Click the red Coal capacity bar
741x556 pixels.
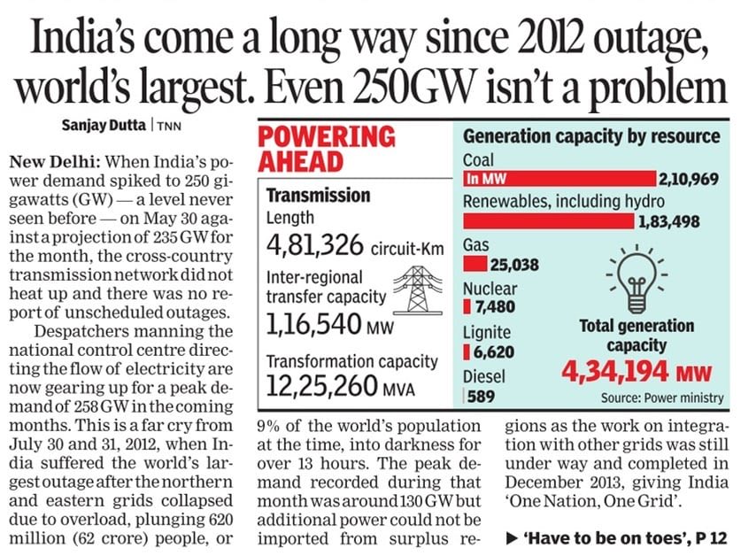(559, 180)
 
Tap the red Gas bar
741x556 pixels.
(475, 264)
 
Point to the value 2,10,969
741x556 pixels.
(691, 180)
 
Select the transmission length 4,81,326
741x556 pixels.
(314, 241)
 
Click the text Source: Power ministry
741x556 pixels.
(661, 398)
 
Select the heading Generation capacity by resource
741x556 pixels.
(591, 137)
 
